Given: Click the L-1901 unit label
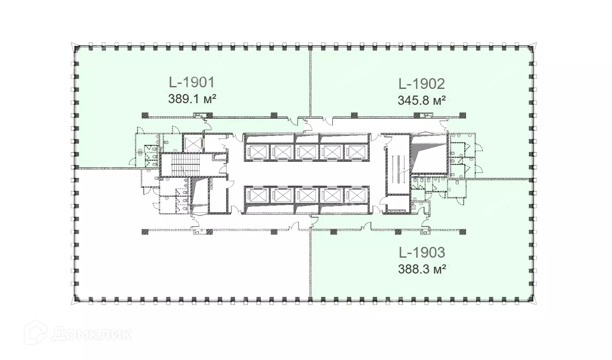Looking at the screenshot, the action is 192,83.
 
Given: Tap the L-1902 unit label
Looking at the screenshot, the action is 421,84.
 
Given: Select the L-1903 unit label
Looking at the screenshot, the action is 422,253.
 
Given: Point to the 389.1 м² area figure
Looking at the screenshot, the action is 192,99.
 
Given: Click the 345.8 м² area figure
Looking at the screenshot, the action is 421,100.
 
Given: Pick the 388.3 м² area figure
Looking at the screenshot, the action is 422,270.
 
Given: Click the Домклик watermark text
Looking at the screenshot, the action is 92,334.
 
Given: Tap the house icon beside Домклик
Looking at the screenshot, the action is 35,332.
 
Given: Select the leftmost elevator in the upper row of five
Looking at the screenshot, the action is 257,152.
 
